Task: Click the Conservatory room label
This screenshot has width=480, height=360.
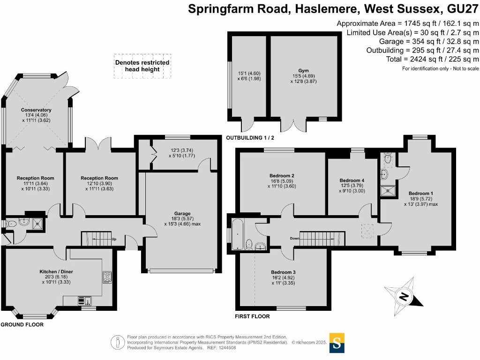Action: pyautogui.click(x=36, y=110)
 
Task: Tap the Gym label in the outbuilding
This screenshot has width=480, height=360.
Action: pyautogui.click(x=303, y=71)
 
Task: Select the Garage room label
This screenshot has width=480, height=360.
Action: pyautogui.click(x=182, y=214)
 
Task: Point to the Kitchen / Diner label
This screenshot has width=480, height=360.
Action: pyautogui.click(x=56, y=271)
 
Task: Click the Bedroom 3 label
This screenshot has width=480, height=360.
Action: pyautogui.click(x=283, y=272)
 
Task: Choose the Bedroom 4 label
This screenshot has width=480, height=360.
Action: pyautogui.click(x=352, y=180)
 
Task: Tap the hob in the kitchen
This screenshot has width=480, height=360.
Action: pyautogui.click(x=107, y=277)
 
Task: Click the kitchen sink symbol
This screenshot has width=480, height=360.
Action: pyautogui.click(x=85, y=301)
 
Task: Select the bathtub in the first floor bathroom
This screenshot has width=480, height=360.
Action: pyautogui.click(x=238, y=234)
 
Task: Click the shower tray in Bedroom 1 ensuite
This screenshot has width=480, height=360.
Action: pyautogui.click(x=388, y=191)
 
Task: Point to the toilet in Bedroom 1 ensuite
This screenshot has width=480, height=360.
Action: pyautogui.click(x=388, y=159)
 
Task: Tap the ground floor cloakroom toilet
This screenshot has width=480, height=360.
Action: pyautogui.click(x=11, y=224)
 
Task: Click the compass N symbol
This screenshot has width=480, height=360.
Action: pyautogui.click(x=404, y=297)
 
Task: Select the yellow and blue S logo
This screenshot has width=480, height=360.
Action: pyautogui.click(x=337, y=343)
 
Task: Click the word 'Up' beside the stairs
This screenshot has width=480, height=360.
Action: pyautogui.click(x=114, y=239)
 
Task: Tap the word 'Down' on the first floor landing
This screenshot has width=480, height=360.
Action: pyautogui.click(x=294, y=238)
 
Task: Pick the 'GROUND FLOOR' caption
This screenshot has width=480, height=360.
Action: pyautogui.click(x=22, y=324)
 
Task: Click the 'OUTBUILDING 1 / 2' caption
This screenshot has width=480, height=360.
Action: pyautogui.click(x=250, y=138)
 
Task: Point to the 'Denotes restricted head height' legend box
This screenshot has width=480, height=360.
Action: pyautogui.click(x=142, y=66)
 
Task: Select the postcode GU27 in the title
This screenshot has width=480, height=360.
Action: pyautogui.click(x=463, y=9)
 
